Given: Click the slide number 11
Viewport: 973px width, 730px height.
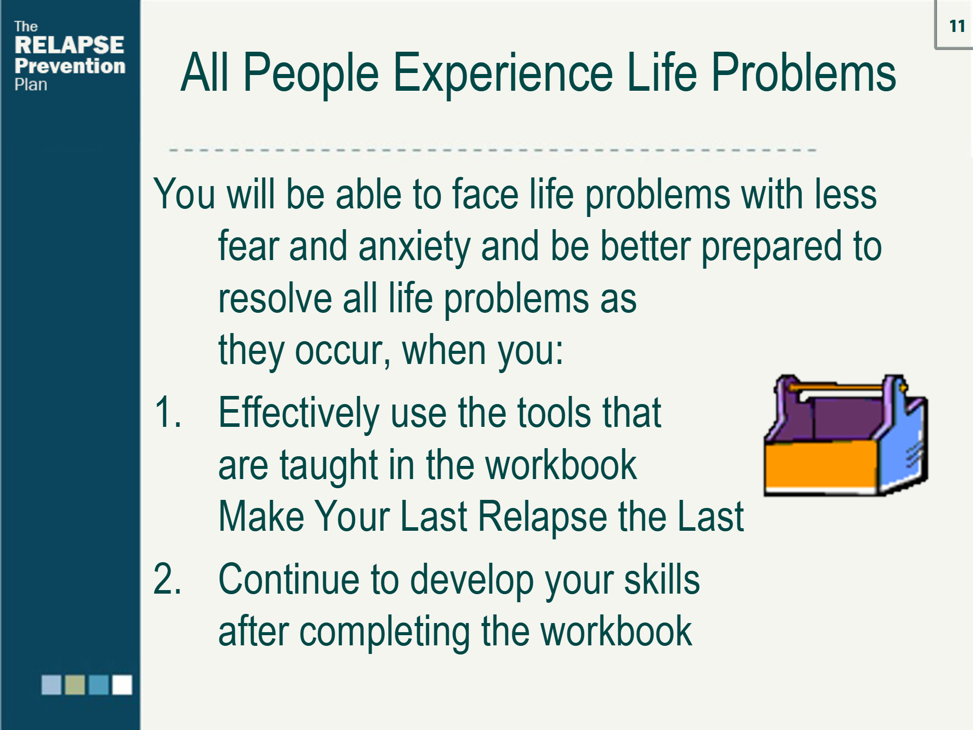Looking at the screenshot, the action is click(x=957, y=26).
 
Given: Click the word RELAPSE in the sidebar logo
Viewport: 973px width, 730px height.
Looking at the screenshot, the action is click(x=69, y=45).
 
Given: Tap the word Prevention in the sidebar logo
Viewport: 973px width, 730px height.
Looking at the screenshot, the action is click(x=70, y=66).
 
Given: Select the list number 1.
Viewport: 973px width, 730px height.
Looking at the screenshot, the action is click(x=167, y=412).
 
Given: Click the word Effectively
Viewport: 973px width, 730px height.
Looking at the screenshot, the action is click(x=299, y=413).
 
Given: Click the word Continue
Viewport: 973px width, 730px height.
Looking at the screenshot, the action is click(x=289, y=579).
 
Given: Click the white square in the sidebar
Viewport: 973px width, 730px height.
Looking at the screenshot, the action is click(x=122, y=684).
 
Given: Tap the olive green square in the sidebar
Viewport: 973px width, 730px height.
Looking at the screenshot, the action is click(x=75, y=684).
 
